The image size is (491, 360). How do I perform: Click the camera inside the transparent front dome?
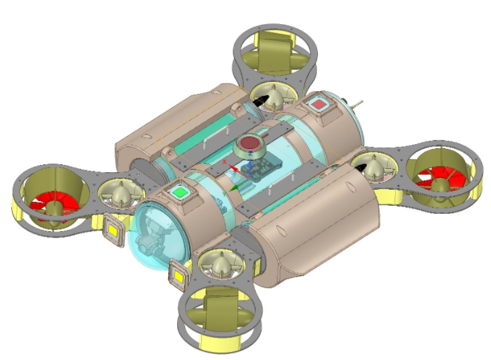152,237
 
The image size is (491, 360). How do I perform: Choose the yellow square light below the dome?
179,274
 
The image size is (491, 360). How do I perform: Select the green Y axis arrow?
231,189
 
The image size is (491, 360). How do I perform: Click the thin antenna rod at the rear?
357,105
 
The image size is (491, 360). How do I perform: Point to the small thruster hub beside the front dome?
121,195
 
